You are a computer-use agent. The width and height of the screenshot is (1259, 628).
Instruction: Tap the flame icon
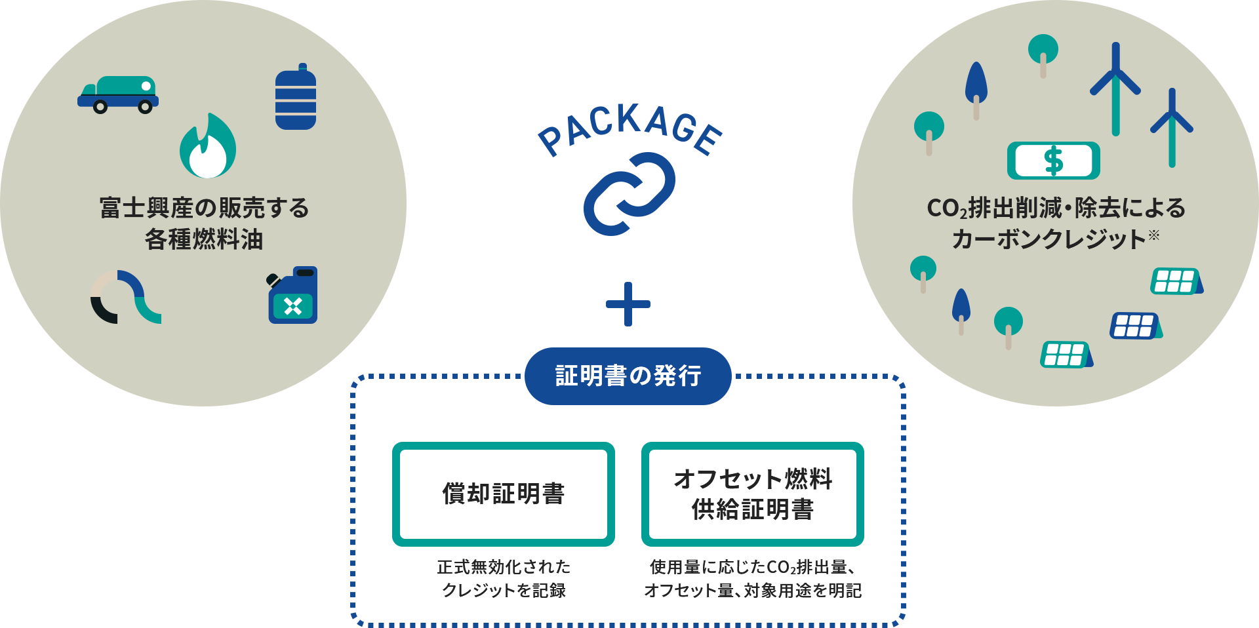208,147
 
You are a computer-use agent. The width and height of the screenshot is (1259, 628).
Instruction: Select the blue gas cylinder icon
296,98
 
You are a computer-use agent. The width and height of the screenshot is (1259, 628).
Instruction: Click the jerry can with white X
293,296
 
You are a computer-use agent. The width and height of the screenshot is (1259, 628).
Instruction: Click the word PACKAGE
629,130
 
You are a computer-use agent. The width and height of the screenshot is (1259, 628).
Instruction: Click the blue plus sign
628,304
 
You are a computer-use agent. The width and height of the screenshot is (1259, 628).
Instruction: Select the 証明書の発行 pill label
628,376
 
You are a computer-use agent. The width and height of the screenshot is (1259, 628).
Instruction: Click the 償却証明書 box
503,494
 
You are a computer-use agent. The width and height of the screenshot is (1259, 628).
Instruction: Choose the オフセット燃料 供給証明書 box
752,494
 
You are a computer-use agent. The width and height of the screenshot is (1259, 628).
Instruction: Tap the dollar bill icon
1053,161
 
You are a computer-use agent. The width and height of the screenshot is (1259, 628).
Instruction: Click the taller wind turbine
1115,88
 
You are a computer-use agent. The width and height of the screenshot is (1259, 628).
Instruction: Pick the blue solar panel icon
1135,326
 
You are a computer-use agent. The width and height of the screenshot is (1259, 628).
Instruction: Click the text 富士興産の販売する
204,208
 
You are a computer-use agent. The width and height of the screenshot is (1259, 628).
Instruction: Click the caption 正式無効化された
504,566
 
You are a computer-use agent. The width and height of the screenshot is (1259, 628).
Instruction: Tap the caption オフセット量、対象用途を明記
753,591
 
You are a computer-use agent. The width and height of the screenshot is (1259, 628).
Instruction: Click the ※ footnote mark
1153,235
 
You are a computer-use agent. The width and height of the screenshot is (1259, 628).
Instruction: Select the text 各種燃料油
204,239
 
